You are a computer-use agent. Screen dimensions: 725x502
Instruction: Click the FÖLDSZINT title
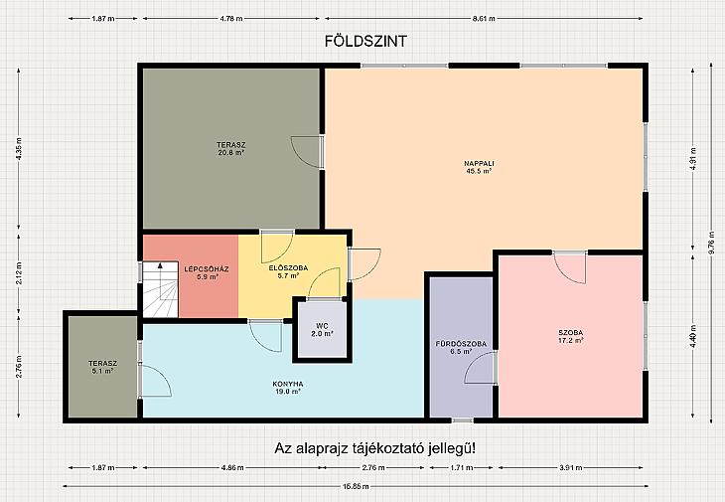point(365,41)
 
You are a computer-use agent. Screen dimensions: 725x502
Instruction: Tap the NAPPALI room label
point(480,167)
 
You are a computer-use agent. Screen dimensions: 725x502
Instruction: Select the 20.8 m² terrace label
point(231,148)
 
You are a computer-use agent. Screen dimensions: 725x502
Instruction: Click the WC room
point(322,329)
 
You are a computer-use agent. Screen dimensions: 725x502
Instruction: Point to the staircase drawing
point(160,289)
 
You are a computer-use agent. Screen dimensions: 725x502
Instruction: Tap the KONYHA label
point(288,388)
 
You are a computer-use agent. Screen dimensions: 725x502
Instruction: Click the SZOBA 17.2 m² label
point(571,336)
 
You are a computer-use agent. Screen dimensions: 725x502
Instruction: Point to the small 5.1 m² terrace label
point(102,367)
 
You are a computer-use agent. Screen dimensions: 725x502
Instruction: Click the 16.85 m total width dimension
point(356,486)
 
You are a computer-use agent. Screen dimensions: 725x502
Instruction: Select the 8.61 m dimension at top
point(484,19)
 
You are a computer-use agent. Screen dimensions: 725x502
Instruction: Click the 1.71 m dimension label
point(461,468)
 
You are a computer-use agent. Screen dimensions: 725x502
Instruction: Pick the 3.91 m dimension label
point(571,468)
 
